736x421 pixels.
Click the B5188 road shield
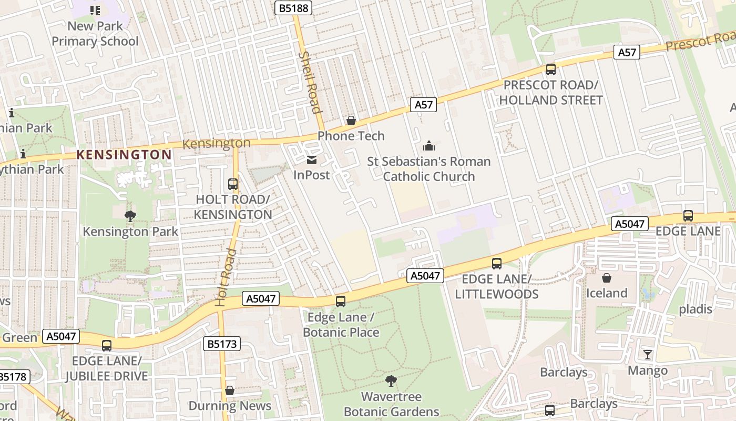tap(294, 8)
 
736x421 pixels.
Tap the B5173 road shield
tap(222, 344)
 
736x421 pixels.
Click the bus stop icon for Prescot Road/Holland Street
tap(550, 69)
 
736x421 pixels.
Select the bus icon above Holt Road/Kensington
tap(233, 184)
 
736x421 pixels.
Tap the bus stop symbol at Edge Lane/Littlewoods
tap(497, 264)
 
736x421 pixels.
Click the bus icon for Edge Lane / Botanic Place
tap(341, 302)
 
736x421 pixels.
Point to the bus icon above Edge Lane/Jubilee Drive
tap(107, 346)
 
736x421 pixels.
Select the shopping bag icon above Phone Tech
tap(351, 121)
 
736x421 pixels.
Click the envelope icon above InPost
tap(312, 159)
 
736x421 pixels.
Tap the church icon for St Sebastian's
tap(429, 146)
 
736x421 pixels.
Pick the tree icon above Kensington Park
tap(130, 216)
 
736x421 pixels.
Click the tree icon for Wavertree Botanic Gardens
tap(391, 380)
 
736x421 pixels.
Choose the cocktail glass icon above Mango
tap(648, 355)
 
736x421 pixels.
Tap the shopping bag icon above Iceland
tap(607, 277)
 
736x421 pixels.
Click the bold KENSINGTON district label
tap(124, 155)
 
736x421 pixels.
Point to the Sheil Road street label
tap(309, 82)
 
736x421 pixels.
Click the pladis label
tap(695, 309)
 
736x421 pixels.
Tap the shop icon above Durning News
tap(230, 390)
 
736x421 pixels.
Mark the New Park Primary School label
tap(95, 34)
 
